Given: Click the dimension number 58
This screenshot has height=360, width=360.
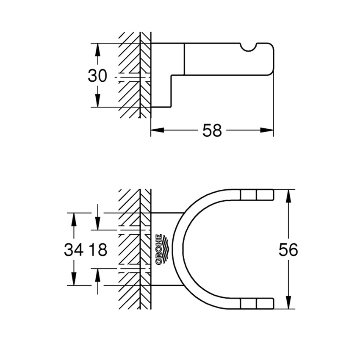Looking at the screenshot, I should click(x=212, y=130).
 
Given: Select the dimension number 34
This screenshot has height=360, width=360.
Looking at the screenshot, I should click(x=74, y=250).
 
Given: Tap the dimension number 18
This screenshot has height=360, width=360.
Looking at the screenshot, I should click(x=98, y=250).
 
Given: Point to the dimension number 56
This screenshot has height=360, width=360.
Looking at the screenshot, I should click(x=288, y=250).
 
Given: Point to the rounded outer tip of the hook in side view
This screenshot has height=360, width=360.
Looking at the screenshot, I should click(x=271, y=59).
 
